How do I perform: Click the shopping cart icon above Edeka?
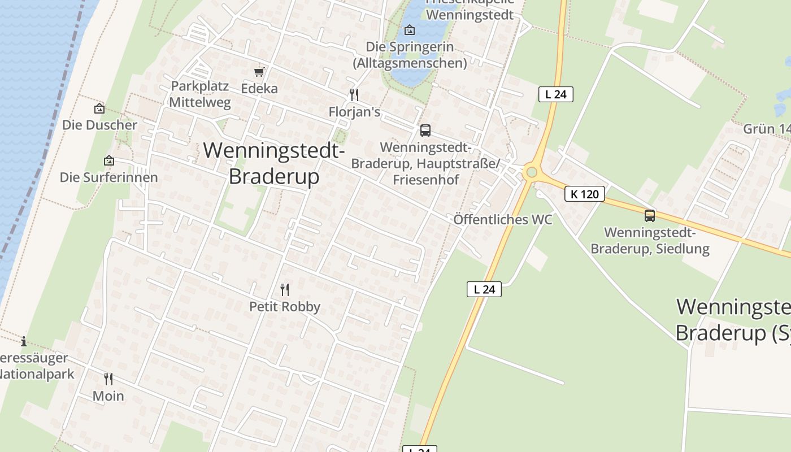pyautogui.click(x=259, y=72)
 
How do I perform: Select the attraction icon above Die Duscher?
pyautogui.click(x=99, y=108)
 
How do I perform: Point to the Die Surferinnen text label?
pyautogui.click(x=108, y=177)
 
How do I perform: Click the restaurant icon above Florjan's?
pyautogui.click(x=354, y=94)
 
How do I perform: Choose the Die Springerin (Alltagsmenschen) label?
pyautogui.click(x=410, y=55)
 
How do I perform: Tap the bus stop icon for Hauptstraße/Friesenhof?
pyautogui.click(x=425, y=131)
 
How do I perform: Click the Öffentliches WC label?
pyautogui.click(x=503, y=219)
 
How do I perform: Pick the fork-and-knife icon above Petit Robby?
pyautogui.click(x=285, y=290)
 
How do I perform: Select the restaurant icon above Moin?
pyautogui.click(x=108, y=379)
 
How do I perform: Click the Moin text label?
pyautogui.click(x=108, y=396)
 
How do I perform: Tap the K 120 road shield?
pyautogui.click(x=585, y=194)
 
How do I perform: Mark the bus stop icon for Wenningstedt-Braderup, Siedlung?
pyautogui.click(x=650, y=215)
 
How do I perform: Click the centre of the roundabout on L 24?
pyautogui.click(x=531, y=172)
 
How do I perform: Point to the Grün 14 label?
pyautogui.click(x=766, y=129)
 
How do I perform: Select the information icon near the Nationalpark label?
pyautogui.click(x=24, y=341)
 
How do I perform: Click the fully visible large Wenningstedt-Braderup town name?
pyautogui.click(x=274, y=163)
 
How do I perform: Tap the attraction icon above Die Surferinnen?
pyautogui.click(x=109, y=161)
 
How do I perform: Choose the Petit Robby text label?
pyautogui.click(x=285, y=307)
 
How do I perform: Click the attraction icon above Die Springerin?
pyautogui.click(x=410, y=30)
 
